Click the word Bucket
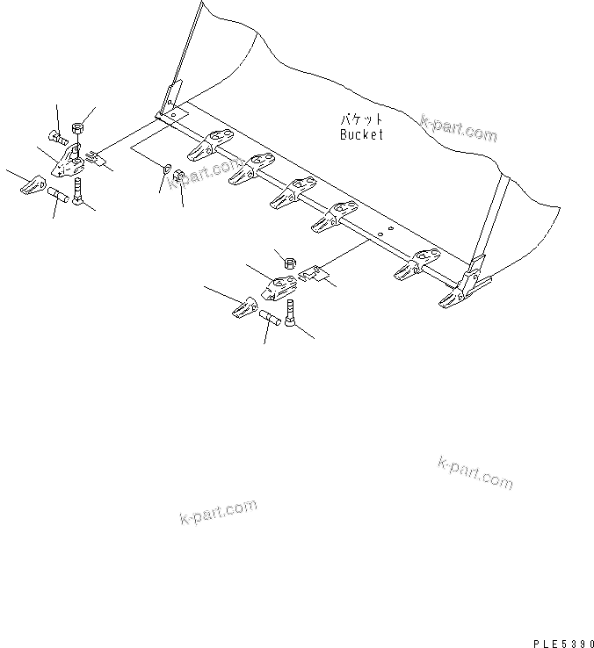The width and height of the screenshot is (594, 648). pyautogui.click(x=361, y=135)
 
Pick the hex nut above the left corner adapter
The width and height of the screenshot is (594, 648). pyautogui.click(x=77, y=129)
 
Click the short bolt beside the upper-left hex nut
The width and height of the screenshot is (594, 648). pyautogui.click(x=59, y=138)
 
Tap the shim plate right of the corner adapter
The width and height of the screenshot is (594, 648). pyautogui.click(x=96, y=157)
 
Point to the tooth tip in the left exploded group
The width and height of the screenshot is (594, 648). pyautogui.click(x=33, y=185)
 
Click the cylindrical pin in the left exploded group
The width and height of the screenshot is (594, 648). pyautogui.click(x=58, y=195)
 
